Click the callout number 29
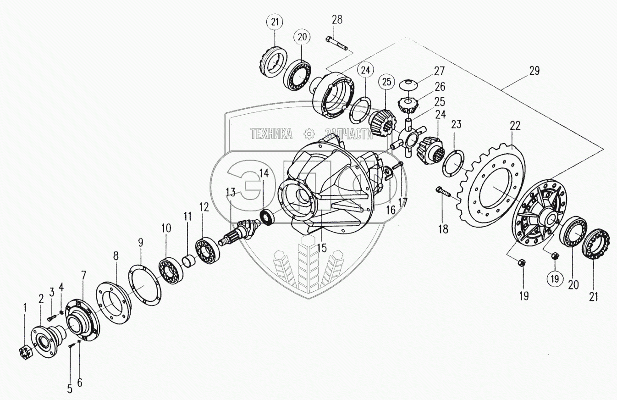point(534,71)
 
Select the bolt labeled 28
point(337,44)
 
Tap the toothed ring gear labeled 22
point(490,188)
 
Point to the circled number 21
point(276,22)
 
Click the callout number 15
point(322,248)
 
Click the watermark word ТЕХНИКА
point(271,133)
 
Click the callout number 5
point(70,389)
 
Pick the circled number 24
point(365,71)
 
